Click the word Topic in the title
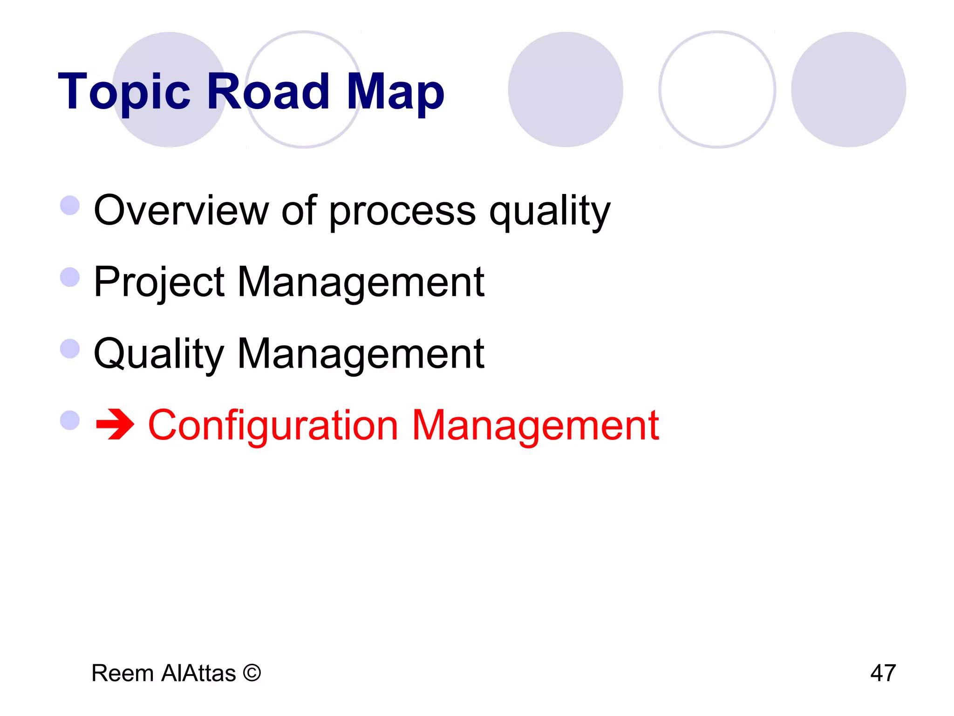[x=124, y=92]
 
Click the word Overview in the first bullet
[x=181, y=210]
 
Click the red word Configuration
[x=273, y=426]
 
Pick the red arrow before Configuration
[x=115, y=425]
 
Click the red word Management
[x=535, y=426]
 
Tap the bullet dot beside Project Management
[x=70, y=277]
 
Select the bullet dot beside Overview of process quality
[x=70, y=205]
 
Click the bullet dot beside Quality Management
[x=70, y=349]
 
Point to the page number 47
[x=883, y=673]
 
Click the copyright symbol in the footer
[x=252, y=673]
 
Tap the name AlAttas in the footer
[x=198, y=673]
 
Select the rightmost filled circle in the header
[x=848, y=89]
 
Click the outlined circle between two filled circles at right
[x=717, y=89]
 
